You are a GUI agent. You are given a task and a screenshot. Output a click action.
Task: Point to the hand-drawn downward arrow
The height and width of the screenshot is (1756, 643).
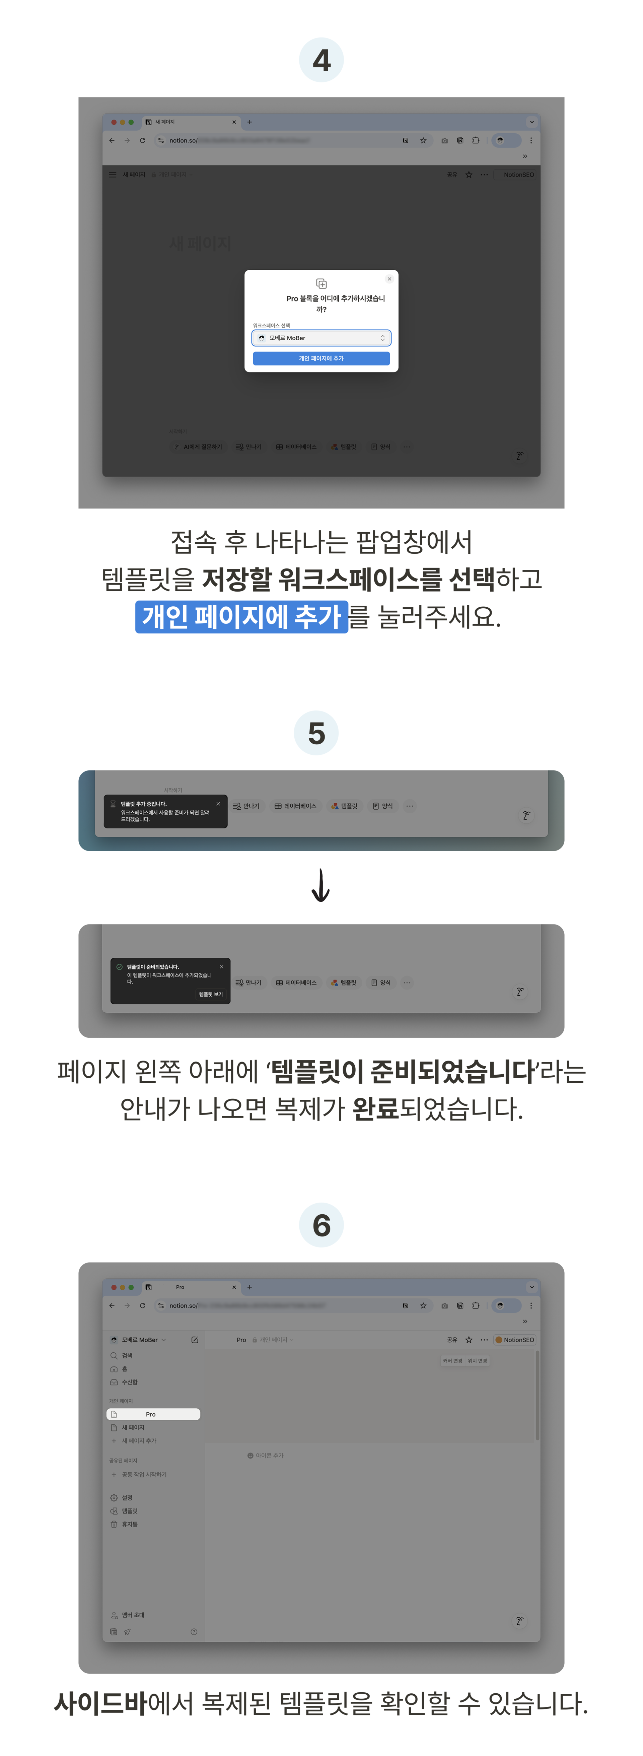[x=320, y=885]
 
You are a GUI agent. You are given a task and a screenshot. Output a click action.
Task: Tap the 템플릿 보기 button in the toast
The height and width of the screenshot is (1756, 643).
[x=210, y=995]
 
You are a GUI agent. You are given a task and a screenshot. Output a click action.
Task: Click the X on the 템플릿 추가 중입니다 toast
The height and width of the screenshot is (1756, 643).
[x=218, y=804]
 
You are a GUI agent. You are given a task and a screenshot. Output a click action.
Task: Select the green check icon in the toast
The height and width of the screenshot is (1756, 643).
[x=120, y=967]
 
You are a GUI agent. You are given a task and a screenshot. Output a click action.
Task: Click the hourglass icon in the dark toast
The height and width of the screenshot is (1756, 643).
[x=113, y=804]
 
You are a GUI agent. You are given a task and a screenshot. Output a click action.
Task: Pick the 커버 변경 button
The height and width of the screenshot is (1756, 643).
[x=452, y=1361]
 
